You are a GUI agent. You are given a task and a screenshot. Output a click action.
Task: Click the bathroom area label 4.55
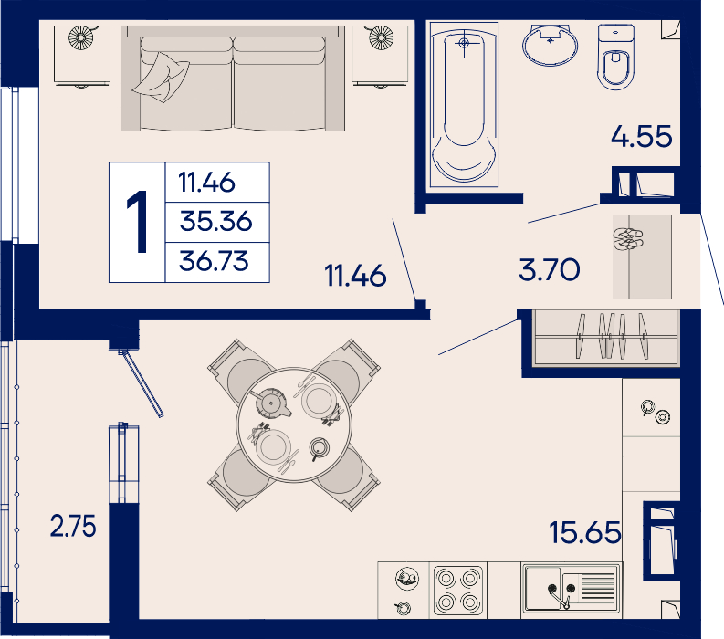[x=641, y=136]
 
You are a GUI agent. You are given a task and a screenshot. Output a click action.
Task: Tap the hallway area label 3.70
[x=549, y=269]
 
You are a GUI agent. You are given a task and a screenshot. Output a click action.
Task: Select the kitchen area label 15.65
[x=585, y=532]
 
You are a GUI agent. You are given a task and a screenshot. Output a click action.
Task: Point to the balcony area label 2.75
[x=73, y=526]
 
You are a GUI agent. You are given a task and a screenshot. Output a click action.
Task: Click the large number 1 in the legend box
[x=137, y=222]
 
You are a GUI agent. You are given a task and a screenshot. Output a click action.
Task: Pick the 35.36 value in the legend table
[x=215, y=221]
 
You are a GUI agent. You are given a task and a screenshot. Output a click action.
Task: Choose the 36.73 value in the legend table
[x=214, y=261]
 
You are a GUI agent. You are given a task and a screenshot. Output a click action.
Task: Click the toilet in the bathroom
[x=615, y=57]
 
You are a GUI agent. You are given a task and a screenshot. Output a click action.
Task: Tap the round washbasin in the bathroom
[x=550, y=45]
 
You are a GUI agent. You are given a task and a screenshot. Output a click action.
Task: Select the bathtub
[x=464, y=105]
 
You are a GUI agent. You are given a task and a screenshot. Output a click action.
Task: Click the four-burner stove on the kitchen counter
[x=458, y=591]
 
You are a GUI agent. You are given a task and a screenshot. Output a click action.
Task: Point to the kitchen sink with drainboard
[x=572, y=589]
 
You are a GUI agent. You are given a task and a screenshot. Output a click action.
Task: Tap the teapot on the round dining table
[x=272, y=403]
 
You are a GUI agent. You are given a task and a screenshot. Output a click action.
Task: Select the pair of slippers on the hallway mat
[x=628, y=238]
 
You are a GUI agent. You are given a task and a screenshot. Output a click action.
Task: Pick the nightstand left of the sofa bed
[x=82, y=56]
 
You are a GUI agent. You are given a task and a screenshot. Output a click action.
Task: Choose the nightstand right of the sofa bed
[x=380, y=56]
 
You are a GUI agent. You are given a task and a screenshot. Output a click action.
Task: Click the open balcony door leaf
[x=142, y=383]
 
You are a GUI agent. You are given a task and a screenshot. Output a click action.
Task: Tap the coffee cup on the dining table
[x=319, y=448]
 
